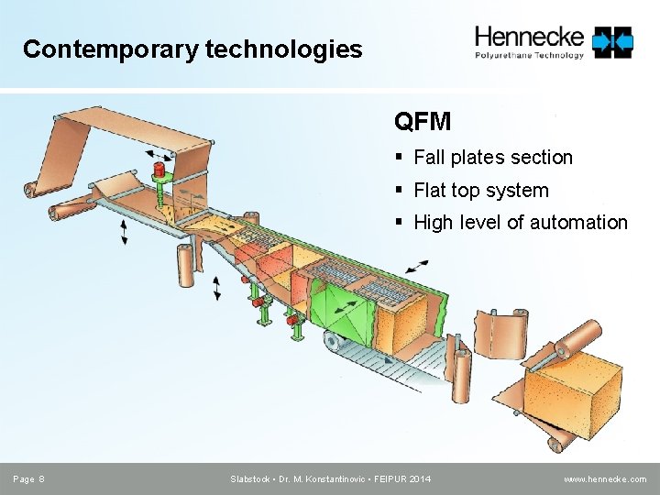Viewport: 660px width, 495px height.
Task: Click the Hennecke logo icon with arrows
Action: click(x=612, y=41)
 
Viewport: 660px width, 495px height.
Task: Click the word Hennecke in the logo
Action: click(x=529, y=37)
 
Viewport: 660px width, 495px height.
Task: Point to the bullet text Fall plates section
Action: click(x=493, y=158)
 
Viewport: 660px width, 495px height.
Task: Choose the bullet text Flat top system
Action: click(x=481, y=191)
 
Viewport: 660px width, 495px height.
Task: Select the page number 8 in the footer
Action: click(x=43, y=479)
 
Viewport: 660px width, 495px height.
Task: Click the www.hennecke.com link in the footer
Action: click(x=605, y=479)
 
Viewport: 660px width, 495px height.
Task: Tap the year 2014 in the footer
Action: click(x=420, y=479)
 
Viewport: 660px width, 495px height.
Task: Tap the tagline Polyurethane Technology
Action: click(x=529, y=55)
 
